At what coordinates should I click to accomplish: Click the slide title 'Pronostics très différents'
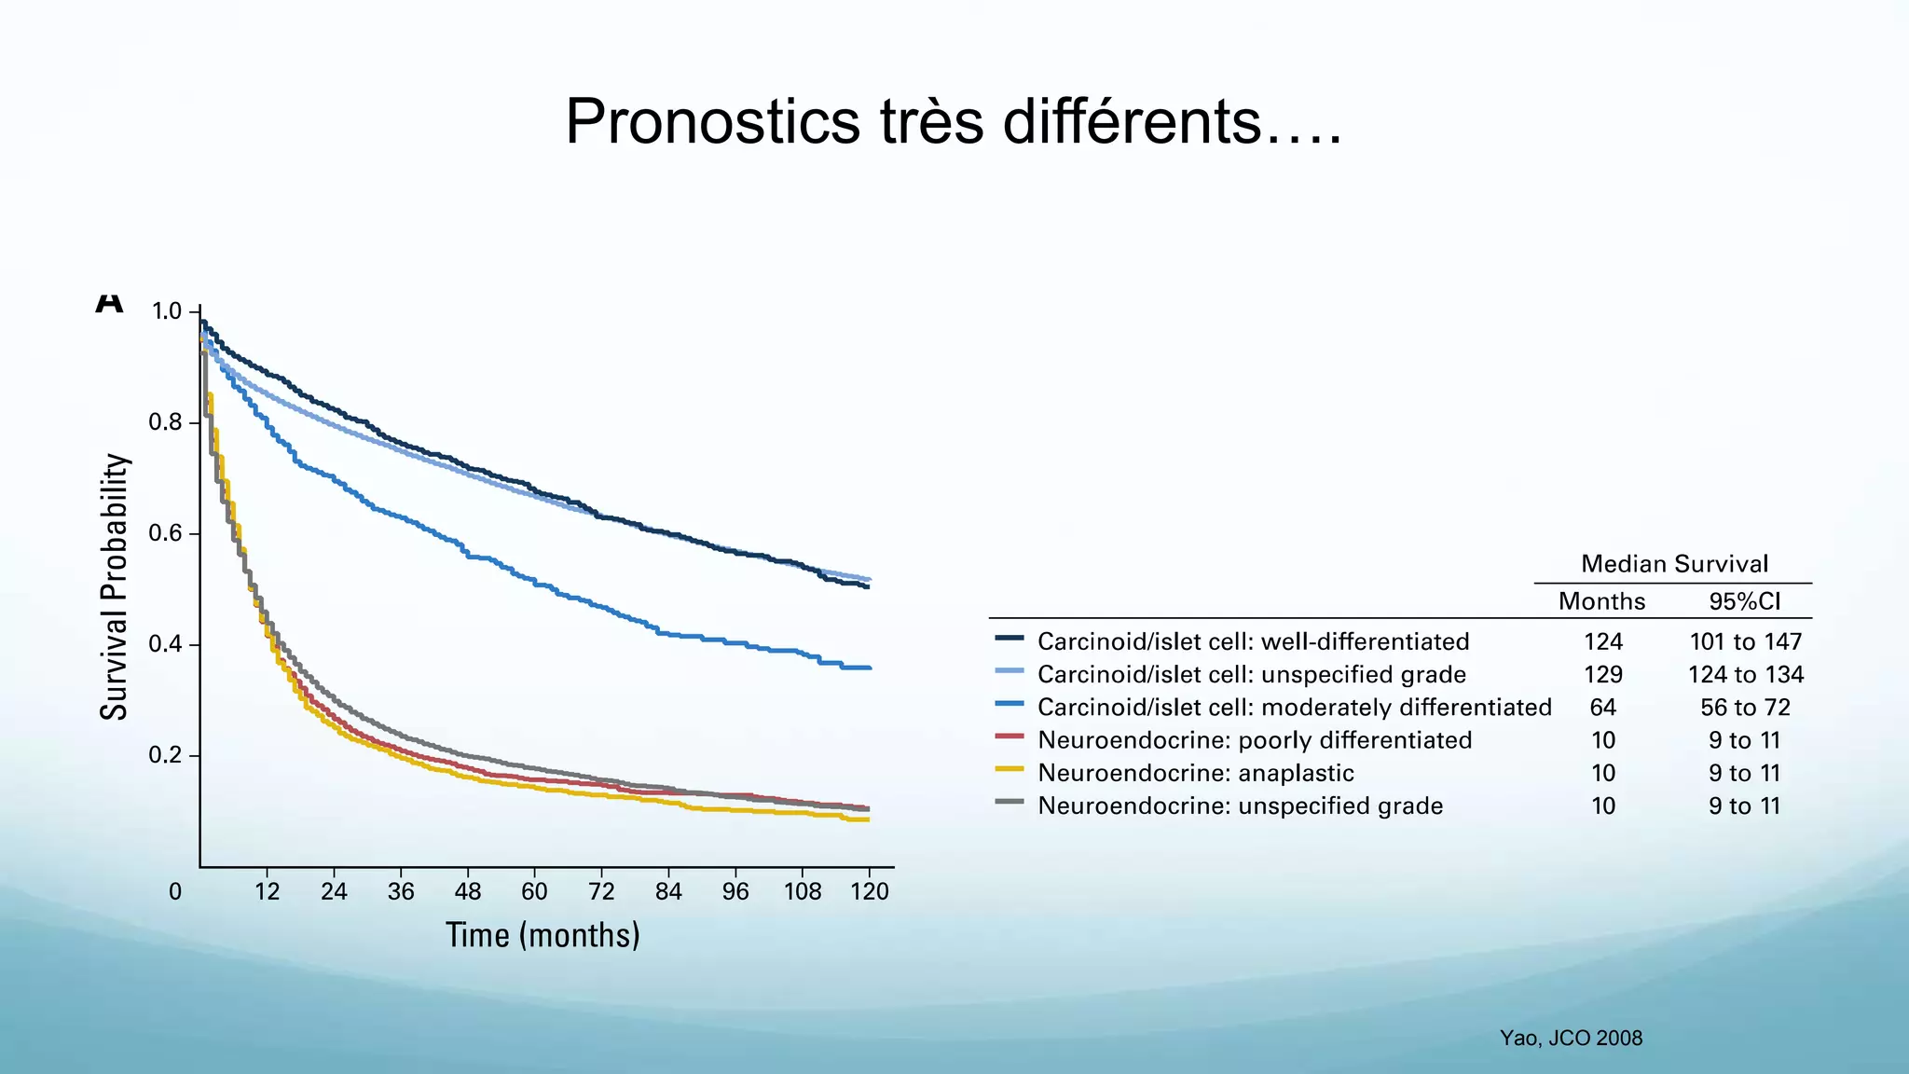click(x=953, y=122)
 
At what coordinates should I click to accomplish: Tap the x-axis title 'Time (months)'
click(x=542, y=935)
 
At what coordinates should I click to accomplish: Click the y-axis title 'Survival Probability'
click(x=114, y=586)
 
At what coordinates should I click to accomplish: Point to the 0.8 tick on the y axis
click(x=165, y=423)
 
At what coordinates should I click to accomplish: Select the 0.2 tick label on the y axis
click(x=165, y=755)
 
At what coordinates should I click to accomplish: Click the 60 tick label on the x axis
click(x=534, y=892)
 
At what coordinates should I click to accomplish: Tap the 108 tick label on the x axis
click(x=803, y=892)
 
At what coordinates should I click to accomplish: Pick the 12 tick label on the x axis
click(x=267, y=892)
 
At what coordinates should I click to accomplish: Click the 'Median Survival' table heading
click(x=1674, y=564)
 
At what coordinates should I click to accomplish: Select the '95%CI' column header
click(x=1744, y=601)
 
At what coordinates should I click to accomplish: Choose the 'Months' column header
click(x=1601, y=601)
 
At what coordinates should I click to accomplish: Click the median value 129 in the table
click(x=1602, y=675)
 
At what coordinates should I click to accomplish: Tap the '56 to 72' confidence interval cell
click(x=1745, y=708)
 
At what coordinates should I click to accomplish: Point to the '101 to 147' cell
click(x=1745, y=642)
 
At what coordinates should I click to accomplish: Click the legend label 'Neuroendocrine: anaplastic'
click(x=1195, y=773)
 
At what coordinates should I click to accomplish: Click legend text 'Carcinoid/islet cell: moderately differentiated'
click(x=1294, y=708)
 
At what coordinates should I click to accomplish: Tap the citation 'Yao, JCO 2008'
click(x=1571, y=1039)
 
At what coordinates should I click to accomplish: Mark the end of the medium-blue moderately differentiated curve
click(x=869, y=668)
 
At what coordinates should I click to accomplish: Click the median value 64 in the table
click(x=1602, y=708)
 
